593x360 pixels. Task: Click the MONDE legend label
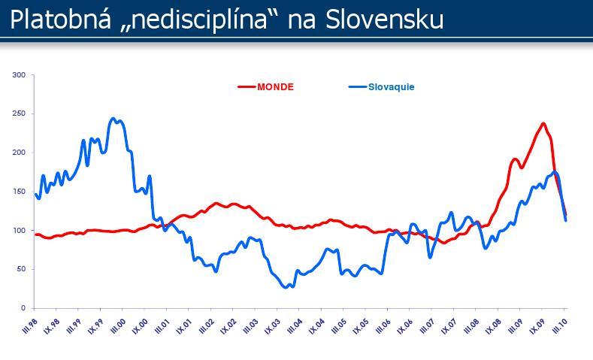click(x=275, y=86)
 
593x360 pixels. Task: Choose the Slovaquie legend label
click(x=391, y=86)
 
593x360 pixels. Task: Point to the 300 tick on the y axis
click(x=20, y=75)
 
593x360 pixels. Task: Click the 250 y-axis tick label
click(x=20, y=113)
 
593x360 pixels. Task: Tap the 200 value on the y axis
click(x=20, y=153)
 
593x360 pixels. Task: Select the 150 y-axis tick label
click(x=20, y=192)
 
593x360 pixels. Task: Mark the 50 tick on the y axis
click(x=21, y=269)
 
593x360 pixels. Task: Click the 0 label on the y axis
click(x=23, y=308)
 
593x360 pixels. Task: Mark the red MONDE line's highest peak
click(x=543, y=123)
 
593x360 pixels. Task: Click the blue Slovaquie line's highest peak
click(x=113, y=118)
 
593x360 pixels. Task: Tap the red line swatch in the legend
click(x=247, y=86)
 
